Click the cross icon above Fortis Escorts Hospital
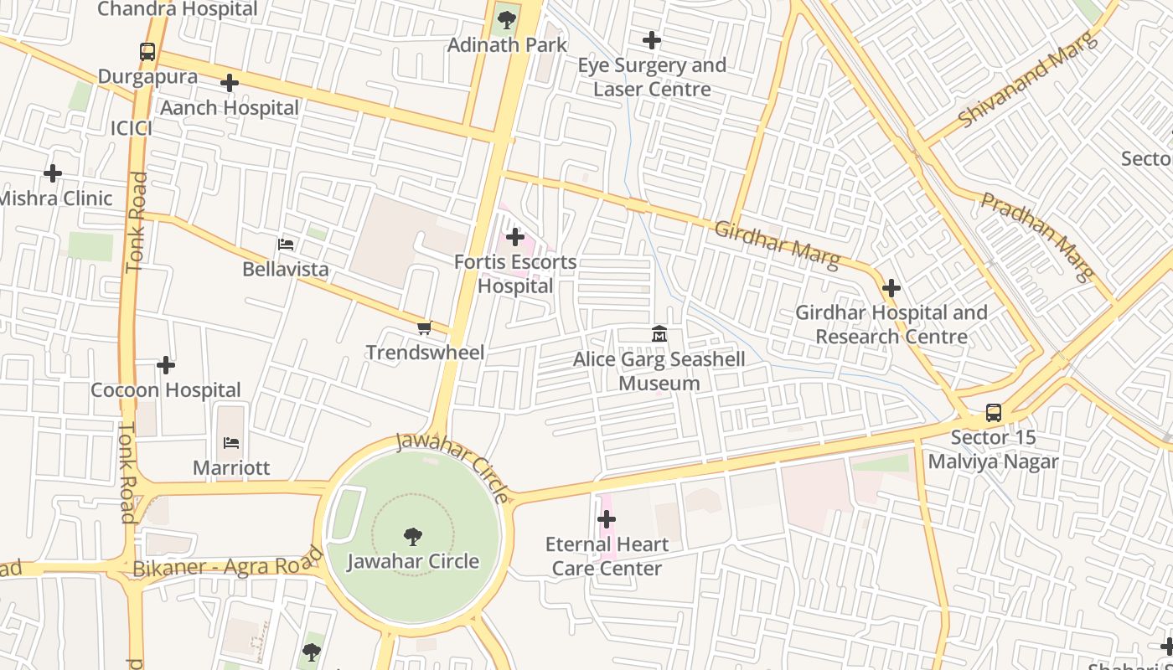(515, 238)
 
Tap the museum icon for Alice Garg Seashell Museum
(659, 335)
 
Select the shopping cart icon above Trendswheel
(425, 327)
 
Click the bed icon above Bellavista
(286, 245)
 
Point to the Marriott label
(231, 467)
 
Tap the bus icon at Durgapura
(147, 52)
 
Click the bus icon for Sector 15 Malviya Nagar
(993, 413)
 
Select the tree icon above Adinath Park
(506, 20)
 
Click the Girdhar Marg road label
(776, 245)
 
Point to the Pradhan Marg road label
(1038, 236)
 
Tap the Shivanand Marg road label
(1026, 80)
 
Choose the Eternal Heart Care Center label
(607, 556)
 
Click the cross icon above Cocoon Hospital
(166, 365)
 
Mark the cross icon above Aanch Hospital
(230, 83)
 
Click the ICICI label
(132, 128)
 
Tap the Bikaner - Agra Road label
(227, 563)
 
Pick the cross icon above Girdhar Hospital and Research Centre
(891, 289)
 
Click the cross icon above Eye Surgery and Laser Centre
(651, 40)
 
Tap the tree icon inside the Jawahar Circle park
(412, 536)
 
